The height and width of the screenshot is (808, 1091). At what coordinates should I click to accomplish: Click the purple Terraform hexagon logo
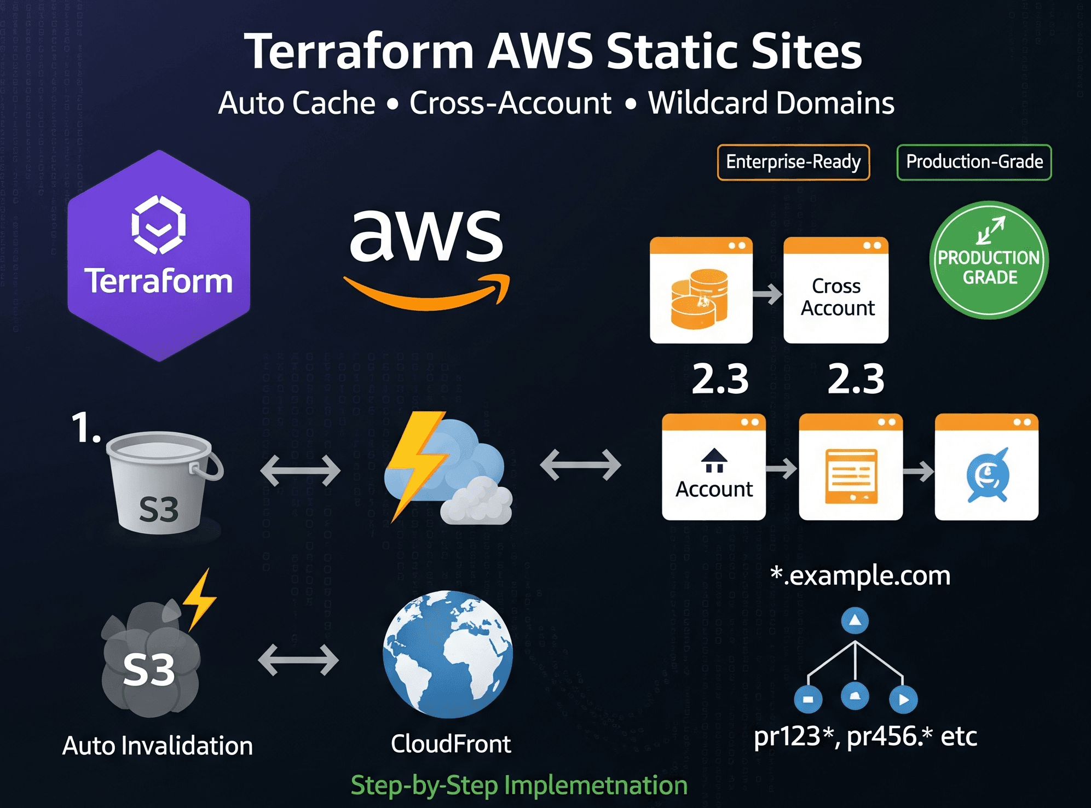159,256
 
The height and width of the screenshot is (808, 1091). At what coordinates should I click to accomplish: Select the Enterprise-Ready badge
793,162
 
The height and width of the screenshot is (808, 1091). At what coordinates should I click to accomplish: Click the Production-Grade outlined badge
974,162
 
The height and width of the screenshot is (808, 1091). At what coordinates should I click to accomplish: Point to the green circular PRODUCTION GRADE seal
989,260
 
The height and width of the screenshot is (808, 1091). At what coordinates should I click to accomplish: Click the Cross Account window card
836,290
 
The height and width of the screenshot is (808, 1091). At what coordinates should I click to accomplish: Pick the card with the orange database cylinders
701,290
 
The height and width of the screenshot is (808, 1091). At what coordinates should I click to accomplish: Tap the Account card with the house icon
713,467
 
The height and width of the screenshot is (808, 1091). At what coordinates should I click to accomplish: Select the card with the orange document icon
851,467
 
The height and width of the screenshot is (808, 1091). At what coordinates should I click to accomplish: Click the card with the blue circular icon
986,467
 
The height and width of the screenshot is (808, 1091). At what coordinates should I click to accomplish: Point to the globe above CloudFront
448,654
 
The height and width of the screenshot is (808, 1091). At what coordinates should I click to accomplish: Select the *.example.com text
860,576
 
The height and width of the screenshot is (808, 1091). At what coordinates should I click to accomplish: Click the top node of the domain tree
855,620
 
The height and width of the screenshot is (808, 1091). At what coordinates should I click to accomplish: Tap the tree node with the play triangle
903,699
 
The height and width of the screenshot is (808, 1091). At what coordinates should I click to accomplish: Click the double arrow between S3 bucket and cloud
300,470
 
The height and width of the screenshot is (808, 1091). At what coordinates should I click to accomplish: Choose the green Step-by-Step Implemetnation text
519,785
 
